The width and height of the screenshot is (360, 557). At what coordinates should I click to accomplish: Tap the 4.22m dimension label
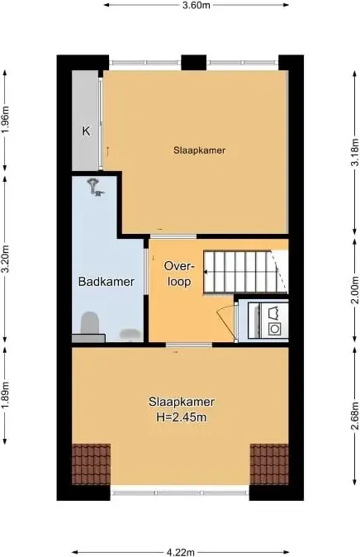181,552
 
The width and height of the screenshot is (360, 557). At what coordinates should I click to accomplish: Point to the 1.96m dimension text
5,120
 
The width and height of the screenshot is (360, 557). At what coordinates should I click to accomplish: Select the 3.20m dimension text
5,259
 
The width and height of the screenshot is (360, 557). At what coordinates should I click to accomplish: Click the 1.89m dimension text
5,395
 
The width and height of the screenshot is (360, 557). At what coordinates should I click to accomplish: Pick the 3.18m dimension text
355,150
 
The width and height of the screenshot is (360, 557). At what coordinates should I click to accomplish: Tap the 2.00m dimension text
355,290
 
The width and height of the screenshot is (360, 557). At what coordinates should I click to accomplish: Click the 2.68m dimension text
355,416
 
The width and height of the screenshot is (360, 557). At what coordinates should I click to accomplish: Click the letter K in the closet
86,131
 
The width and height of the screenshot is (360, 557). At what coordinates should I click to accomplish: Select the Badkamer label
107,282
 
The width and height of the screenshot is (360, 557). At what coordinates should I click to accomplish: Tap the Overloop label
180,274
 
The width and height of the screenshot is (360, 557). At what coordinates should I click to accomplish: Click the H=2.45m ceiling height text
182,417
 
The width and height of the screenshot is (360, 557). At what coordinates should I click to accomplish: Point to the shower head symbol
95,187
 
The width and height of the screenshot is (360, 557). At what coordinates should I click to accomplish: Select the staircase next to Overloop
245,272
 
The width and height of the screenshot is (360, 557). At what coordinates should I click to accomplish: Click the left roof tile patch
92,464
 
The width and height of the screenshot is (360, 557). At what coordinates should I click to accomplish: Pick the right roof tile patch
269,464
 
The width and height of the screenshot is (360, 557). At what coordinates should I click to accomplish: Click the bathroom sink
130,334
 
